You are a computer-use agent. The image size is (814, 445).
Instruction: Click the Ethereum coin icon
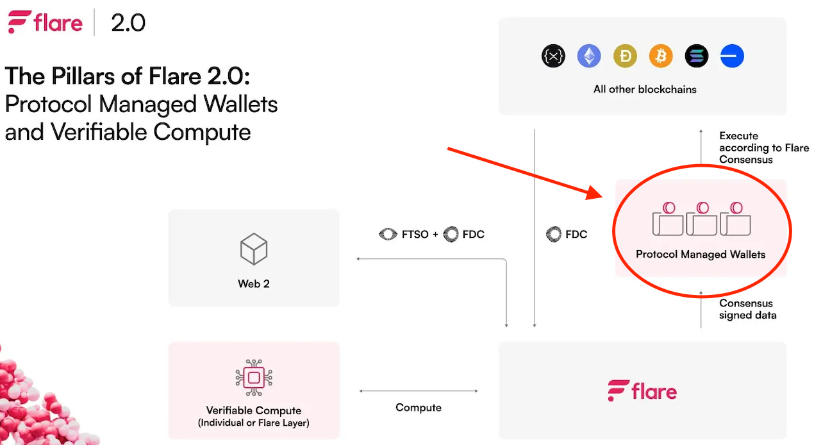(x=589, y=56)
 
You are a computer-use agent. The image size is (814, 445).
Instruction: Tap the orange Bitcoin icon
(x=661, y=56)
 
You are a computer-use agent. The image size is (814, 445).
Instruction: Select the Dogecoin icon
(x=625, y=56)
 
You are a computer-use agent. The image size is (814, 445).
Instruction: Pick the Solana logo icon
(x=697, y=56)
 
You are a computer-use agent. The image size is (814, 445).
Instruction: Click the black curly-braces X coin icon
(x=553, y=56)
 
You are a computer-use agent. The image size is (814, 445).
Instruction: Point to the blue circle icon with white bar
(x=732, y=56)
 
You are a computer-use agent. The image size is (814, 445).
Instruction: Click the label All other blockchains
(x=645, y=89)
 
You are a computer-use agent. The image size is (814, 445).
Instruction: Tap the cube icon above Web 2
(x=253, y=249)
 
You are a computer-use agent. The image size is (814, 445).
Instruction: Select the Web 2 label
(x=253, y=283)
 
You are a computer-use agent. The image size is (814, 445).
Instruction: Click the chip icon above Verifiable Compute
(x=254, y=378)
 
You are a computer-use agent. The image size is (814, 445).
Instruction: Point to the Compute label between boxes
(x=419, y=407)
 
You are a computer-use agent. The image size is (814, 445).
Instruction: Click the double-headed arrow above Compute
(x=419, y=390)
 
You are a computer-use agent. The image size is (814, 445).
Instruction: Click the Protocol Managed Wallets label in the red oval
(x=701, y=255)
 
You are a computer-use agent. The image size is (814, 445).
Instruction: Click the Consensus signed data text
(x=747, y=309)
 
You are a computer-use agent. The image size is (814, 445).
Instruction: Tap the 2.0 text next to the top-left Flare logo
(x=128, y=24)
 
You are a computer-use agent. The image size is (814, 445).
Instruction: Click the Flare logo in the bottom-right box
(x=642, y=390)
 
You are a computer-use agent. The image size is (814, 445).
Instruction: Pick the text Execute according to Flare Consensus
(x=763, y=147)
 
